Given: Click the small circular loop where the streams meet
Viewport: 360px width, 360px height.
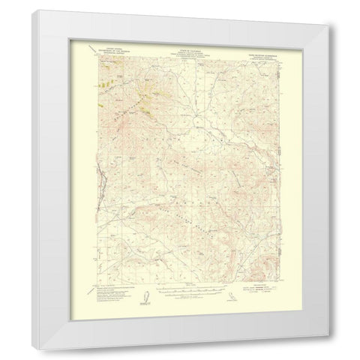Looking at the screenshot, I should (x=196, y=121).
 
